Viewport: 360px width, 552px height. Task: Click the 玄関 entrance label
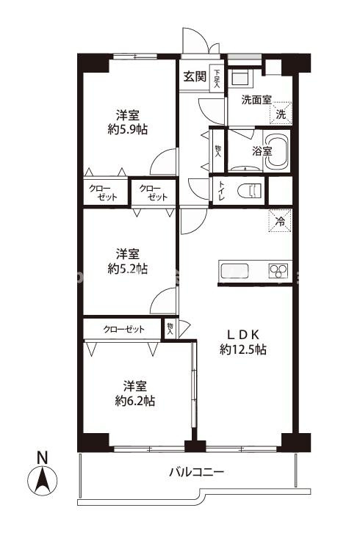[195, 76]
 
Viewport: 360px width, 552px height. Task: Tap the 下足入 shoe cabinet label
[217, 78]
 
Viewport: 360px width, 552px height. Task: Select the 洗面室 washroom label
[256, 100]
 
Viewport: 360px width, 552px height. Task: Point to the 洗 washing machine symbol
[281, 113]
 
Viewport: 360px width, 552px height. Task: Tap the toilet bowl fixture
[250, 190]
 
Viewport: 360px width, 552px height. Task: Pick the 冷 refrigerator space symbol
[281, 221]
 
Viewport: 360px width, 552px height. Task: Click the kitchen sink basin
[234, 271]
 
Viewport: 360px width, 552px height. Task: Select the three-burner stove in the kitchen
[278, 271]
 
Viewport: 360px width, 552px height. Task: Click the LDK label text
[243, 333]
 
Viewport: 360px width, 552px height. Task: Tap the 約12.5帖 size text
[243, 349]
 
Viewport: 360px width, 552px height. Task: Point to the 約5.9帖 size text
[128, 129]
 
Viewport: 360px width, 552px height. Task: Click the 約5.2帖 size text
[128, 269]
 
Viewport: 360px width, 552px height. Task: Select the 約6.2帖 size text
[135, 401]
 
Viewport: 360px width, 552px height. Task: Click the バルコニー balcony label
[196, 472]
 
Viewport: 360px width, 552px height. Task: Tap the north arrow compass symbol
[43, 480]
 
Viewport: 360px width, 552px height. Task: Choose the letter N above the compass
[43, 457]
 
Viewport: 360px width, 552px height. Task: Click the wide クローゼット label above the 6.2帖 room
[123, 329]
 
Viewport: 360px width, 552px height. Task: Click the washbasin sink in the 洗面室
[240, 78]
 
